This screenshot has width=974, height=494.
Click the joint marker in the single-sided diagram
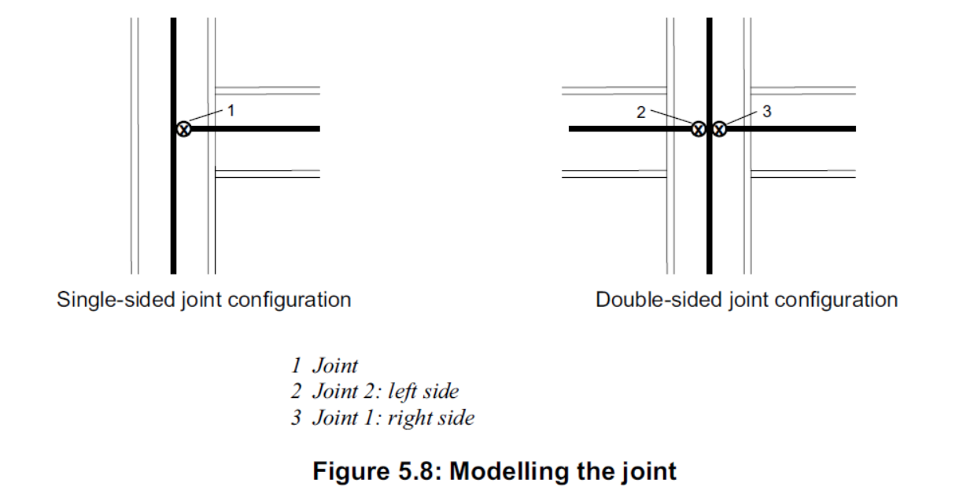(x=183, y=128)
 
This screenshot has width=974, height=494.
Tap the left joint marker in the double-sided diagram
(x=698, y=128)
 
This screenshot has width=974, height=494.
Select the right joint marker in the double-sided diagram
(x=718, y=128)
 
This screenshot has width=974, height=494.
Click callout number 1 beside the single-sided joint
(x=231, y=111)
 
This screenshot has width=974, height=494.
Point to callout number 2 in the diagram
(x=640, y=112)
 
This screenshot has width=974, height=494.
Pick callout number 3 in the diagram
(x=767, y=112)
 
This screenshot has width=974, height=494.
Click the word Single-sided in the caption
(x=106, y=300)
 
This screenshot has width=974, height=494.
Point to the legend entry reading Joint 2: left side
(x=385, y=391)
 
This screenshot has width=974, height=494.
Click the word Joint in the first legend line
(x=334, y=365)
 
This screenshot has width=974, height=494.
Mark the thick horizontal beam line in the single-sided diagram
(x=260, y=128)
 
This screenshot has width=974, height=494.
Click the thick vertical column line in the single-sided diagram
(x=173, y=205)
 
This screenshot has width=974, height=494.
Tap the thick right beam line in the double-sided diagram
(x=795, y=128)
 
